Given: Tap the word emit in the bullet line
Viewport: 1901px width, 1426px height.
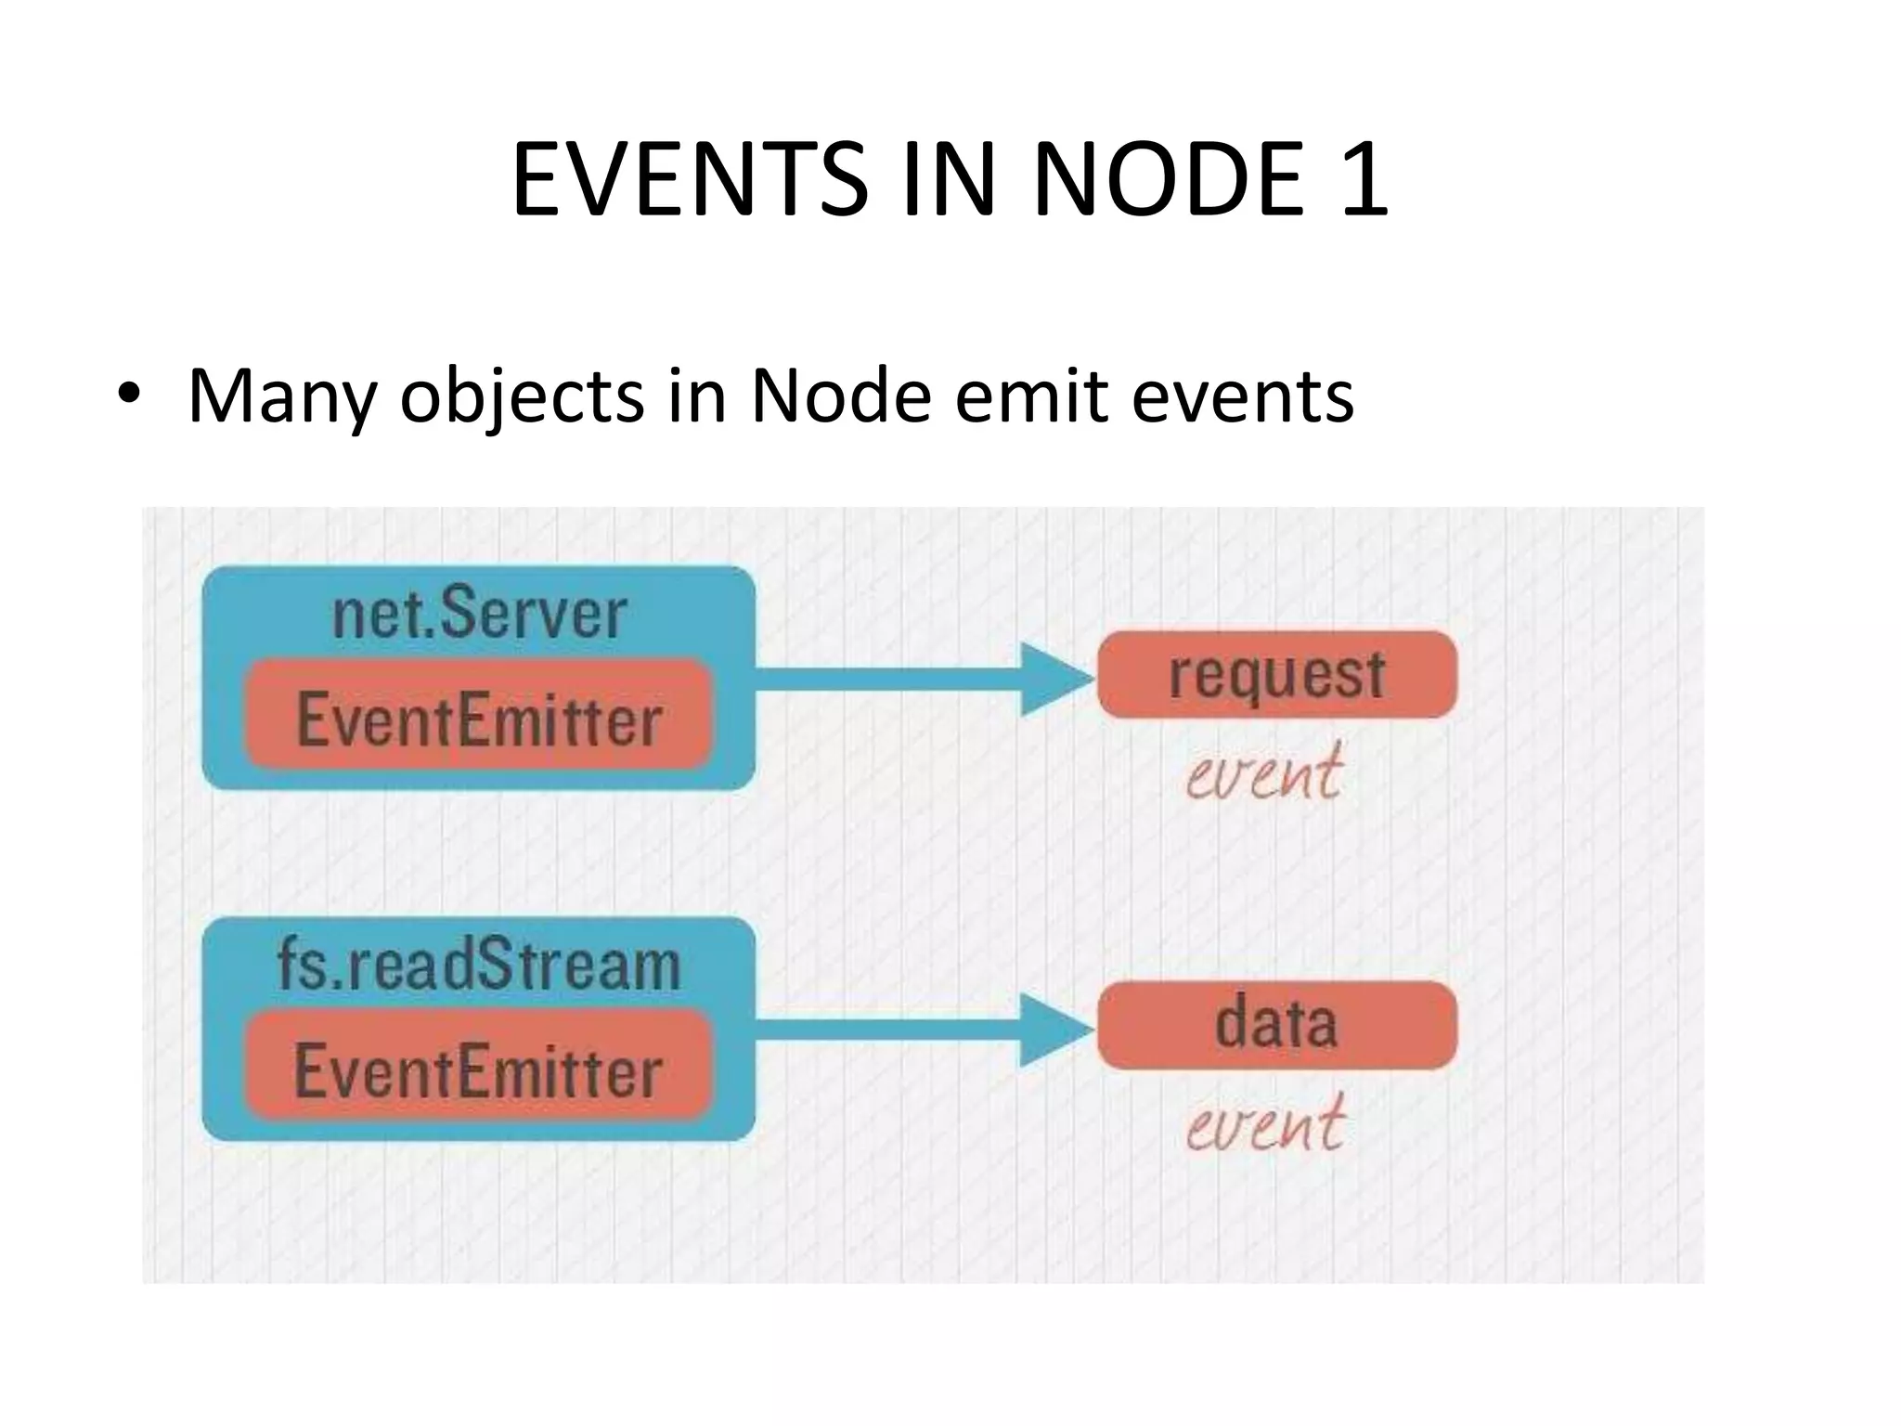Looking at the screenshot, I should tap(1031, 395).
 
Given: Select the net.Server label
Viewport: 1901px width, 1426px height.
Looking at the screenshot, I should tap(479, 614).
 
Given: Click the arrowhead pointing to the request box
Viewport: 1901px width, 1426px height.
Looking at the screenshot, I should tap(1055, 680).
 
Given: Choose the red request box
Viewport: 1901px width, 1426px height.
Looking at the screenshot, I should tap(1276, 675).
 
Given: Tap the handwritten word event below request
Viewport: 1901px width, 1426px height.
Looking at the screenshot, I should tap(1263, 772).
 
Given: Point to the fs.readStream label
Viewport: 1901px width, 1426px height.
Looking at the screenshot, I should tap(479, 966).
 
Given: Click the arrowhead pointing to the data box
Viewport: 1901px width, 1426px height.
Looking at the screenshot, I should tap(1055, 1031).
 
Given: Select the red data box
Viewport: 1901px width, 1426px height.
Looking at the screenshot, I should tap(1276, 1025).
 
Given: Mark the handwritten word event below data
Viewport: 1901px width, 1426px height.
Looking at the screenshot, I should tap(1264, 1124).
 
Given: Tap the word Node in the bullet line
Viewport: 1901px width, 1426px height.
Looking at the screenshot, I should tap(840, 395).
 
